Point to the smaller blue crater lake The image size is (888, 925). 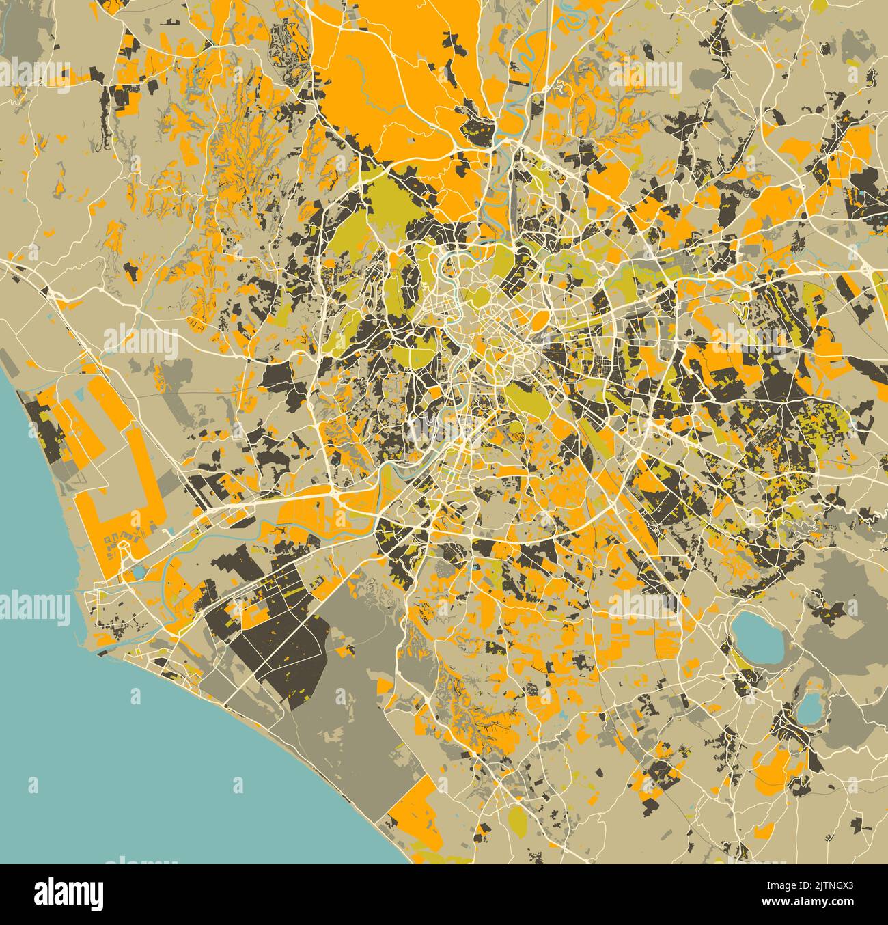(810, 708)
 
